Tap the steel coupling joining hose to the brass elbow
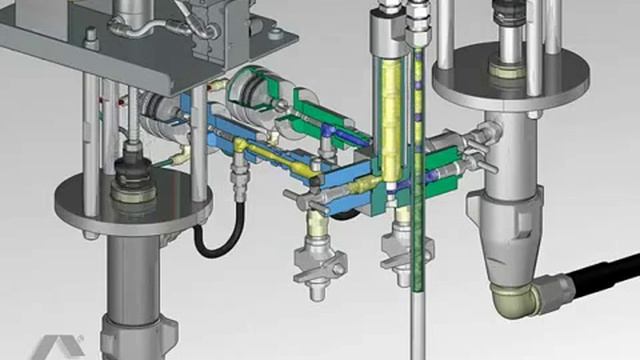pyautogui.click(x=554, y=290)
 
